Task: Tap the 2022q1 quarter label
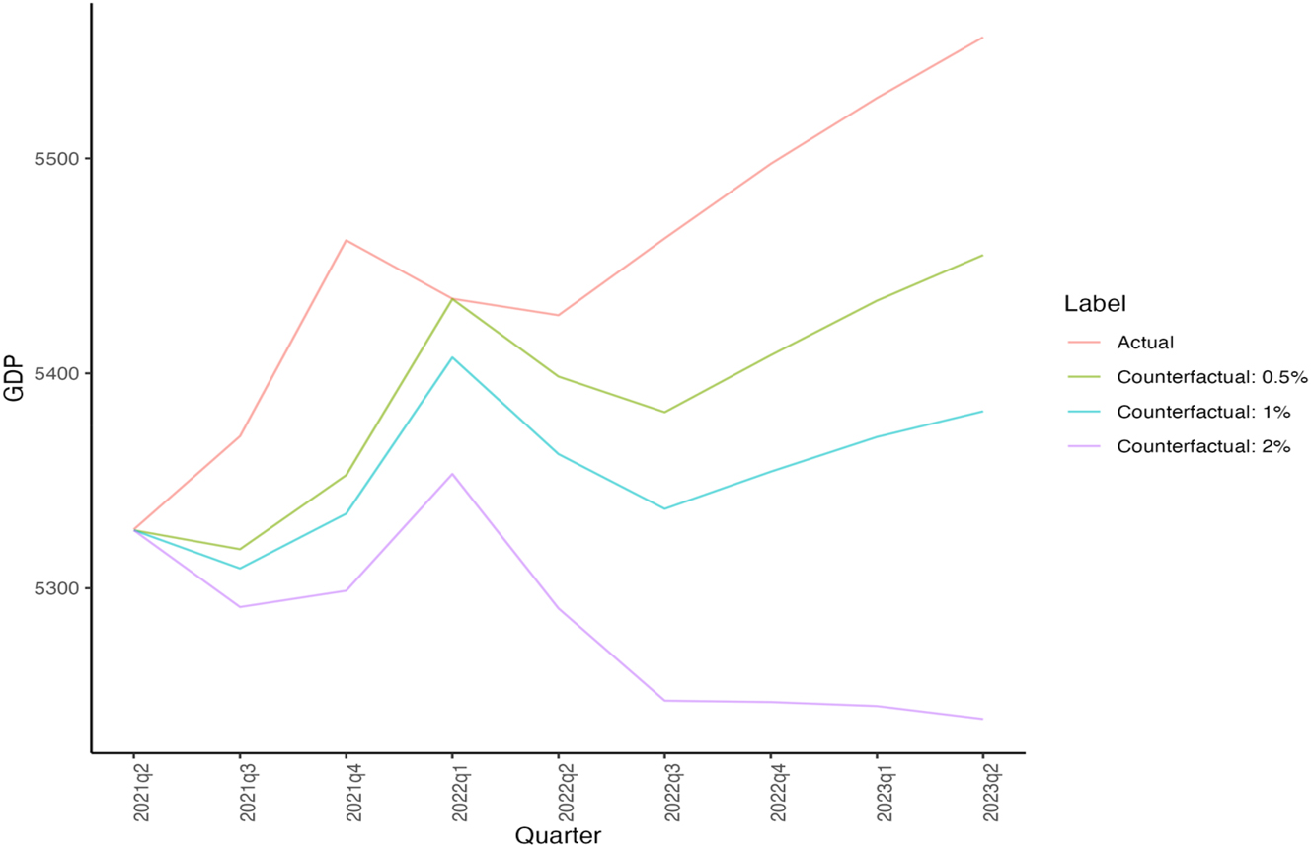click(x=452, y=791)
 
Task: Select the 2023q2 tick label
click(x=983, y=791)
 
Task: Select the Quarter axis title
click(x=558, y=835)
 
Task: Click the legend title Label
click(x=1095, y=304)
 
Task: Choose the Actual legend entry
click(x=1145, y=344)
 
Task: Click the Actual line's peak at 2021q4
click(x=346, y=240)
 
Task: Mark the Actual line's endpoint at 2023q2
click(x=983, y=38)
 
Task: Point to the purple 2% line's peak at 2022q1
click(x=452, y=474)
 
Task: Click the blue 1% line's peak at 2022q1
click(x=452, y=357)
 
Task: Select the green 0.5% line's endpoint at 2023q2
click(x=983, y=255)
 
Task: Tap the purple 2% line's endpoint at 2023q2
click(x=983, y=719)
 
